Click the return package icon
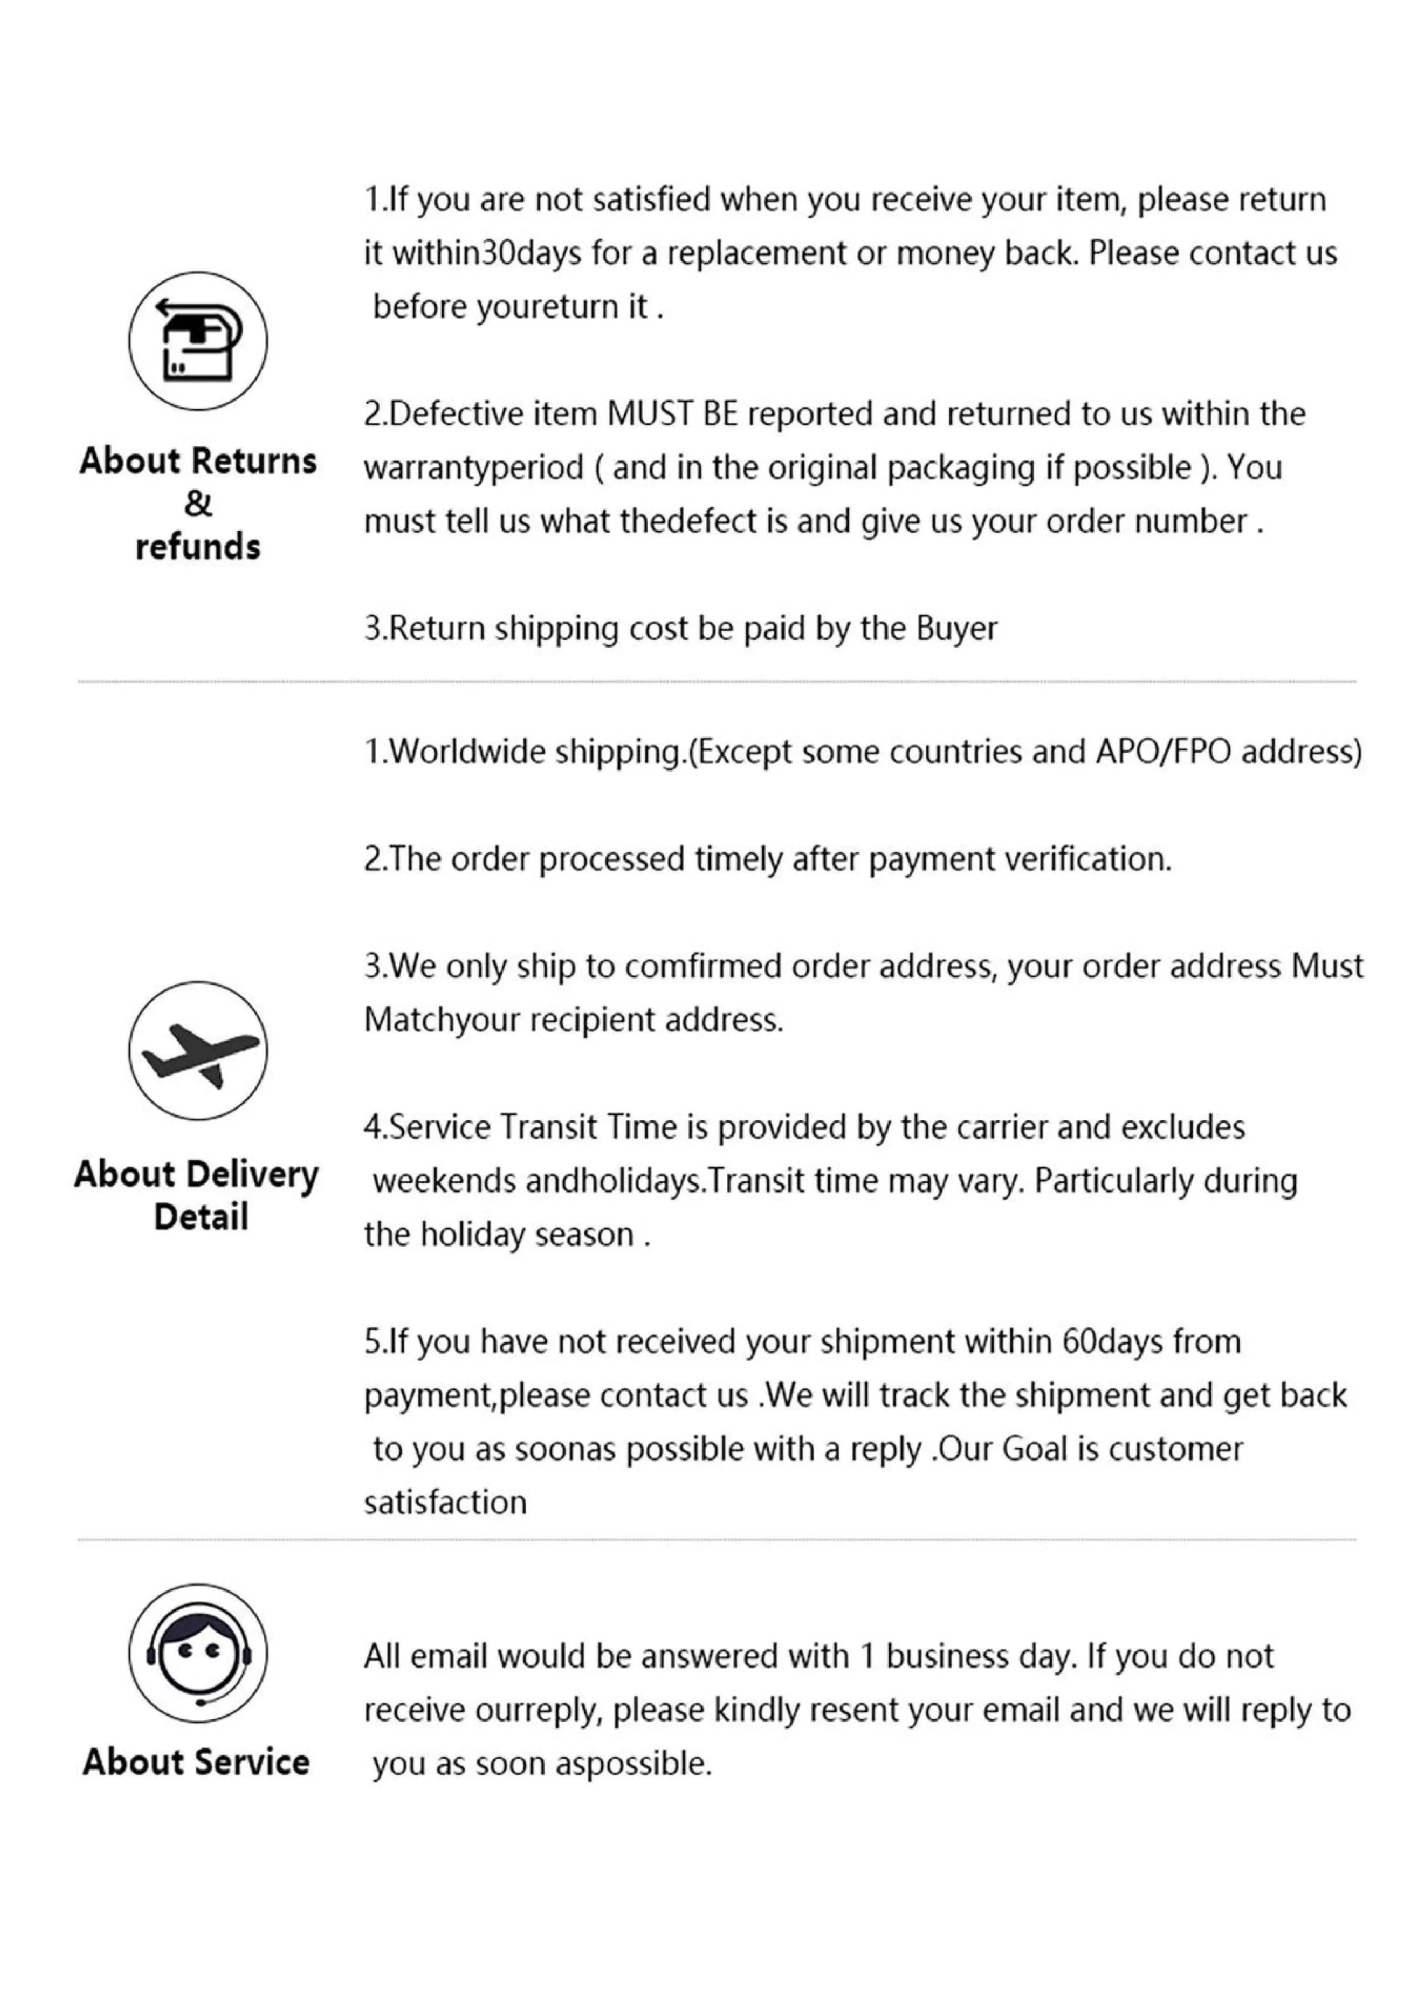[197, 340]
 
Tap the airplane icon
[197, 1050]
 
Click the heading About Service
[197, 1762]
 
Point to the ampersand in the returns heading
[197, 503]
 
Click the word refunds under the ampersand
[197, 547]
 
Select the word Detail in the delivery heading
[201, 1216]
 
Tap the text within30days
[486, 254]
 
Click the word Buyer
[956, 628]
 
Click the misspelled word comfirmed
[703, 966]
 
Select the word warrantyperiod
[473, 468]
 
